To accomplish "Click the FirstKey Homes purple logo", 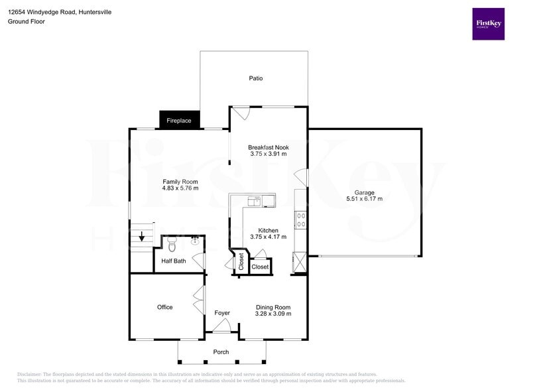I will coord(488,24).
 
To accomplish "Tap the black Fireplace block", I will coord(178,120).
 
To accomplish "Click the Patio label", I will coord(256,78).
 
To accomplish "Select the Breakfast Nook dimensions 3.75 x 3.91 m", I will coord(269,154).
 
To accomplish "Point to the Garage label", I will coord(364,192).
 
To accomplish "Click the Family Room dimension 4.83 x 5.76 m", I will coord(180,188).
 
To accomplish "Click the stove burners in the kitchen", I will coord(300,220).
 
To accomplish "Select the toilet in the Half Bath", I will coord(172,246).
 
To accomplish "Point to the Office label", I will coord(165,307).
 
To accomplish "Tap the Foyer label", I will coord(222,312).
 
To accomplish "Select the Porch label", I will coord(221,352).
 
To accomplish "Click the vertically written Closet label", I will coord(241,262).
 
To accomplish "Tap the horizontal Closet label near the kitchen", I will coord(260,267).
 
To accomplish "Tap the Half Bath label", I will coord(174,261).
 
